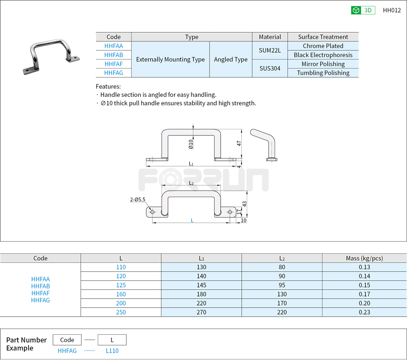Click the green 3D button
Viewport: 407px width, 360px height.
point(363,10)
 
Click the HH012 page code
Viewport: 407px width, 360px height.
point(392,10)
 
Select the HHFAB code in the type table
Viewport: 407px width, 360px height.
point(114,55)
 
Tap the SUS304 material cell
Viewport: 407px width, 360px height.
point(270,68)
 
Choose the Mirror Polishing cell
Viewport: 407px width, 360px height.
point(323,64)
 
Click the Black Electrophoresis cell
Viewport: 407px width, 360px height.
point(323,55)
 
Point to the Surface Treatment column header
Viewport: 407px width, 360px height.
point(323,37)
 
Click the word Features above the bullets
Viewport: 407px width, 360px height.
point(108,87)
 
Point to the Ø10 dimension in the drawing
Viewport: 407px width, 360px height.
point(191,144)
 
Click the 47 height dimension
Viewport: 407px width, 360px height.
point(239,144)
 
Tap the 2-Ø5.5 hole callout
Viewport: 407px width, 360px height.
point(138,199)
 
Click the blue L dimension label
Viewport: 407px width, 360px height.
point(192,220)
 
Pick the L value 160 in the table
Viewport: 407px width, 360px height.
point(121,294)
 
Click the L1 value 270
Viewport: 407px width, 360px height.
point(201,312)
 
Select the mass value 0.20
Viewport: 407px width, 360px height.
point(364,303)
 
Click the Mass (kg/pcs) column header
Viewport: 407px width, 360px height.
point(364,258)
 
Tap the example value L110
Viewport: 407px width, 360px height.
point(112,351)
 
